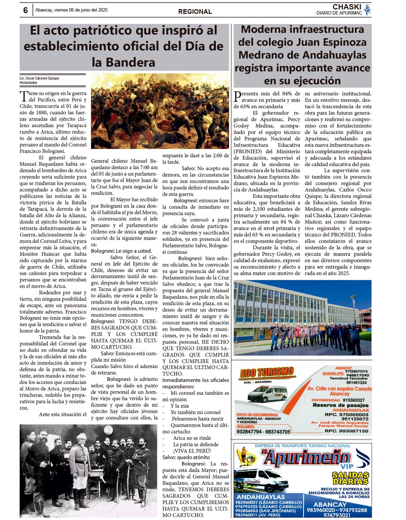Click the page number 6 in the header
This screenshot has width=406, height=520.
pos(25,10)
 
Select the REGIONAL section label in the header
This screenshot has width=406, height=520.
pos(195,12)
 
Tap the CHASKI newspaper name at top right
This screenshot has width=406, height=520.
pos(347,7)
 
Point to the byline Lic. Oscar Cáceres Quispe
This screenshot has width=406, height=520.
pos(39,78)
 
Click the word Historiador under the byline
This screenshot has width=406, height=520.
pos(28,83)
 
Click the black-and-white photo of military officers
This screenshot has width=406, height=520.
pos(88,470)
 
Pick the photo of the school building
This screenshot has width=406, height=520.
pos(302,317)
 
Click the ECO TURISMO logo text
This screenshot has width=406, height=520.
pos(267,373)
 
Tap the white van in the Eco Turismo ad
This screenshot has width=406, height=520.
pos(267,393)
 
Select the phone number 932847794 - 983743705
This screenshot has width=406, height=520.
pos(264,432)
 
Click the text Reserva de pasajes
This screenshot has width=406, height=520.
pos(340,405)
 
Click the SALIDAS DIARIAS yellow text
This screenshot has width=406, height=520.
pos(350,478)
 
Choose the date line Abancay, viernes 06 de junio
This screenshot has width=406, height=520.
pos(72,10)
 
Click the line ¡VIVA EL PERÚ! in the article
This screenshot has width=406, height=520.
pos(192,451)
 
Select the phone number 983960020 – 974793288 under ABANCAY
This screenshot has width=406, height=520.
pos(336,510)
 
